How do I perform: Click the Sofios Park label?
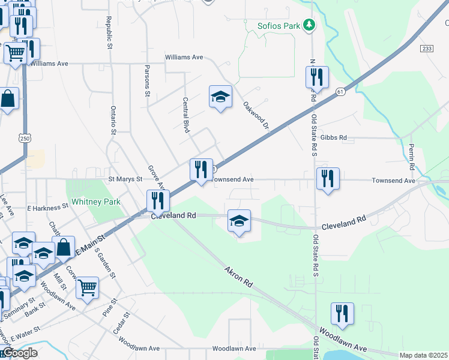279,26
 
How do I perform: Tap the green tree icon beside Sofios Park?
309,25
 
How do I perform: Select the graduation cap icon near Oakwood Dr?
220,97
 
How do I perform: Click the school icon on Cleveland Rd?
239,221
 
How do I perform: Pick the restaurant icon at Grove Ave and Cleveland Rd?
158,200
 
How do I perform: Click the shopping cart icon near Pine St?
88,288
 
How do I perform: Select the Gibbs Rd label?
334,137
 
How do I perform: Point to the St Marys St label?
125,179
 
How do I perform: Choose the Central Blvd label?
186,115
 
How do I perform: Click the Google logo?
19,353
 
